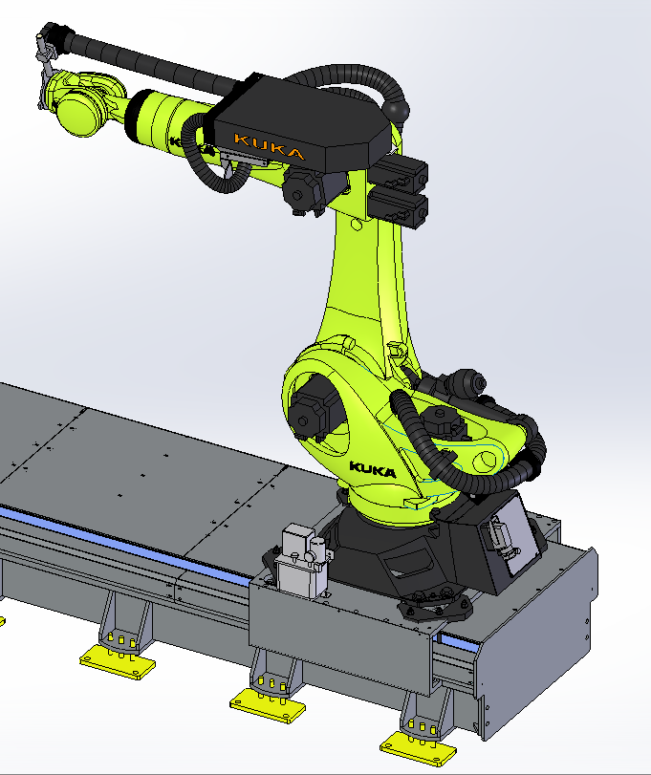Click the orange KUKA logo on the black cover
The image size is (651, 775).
click(x=270, y=146)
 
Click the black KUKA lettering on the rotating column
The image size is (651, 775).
click(x=373, y=469)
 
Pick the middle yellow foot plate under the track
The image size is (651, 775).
click(x=268, y=706)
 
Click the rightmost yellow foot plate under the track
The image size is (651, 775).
click(x=418, y=749)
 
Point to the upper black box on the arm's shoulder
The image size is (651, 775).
click(x=401, y=174)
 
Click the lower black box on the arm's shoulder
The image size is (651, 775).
click(x=399, y=209)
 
